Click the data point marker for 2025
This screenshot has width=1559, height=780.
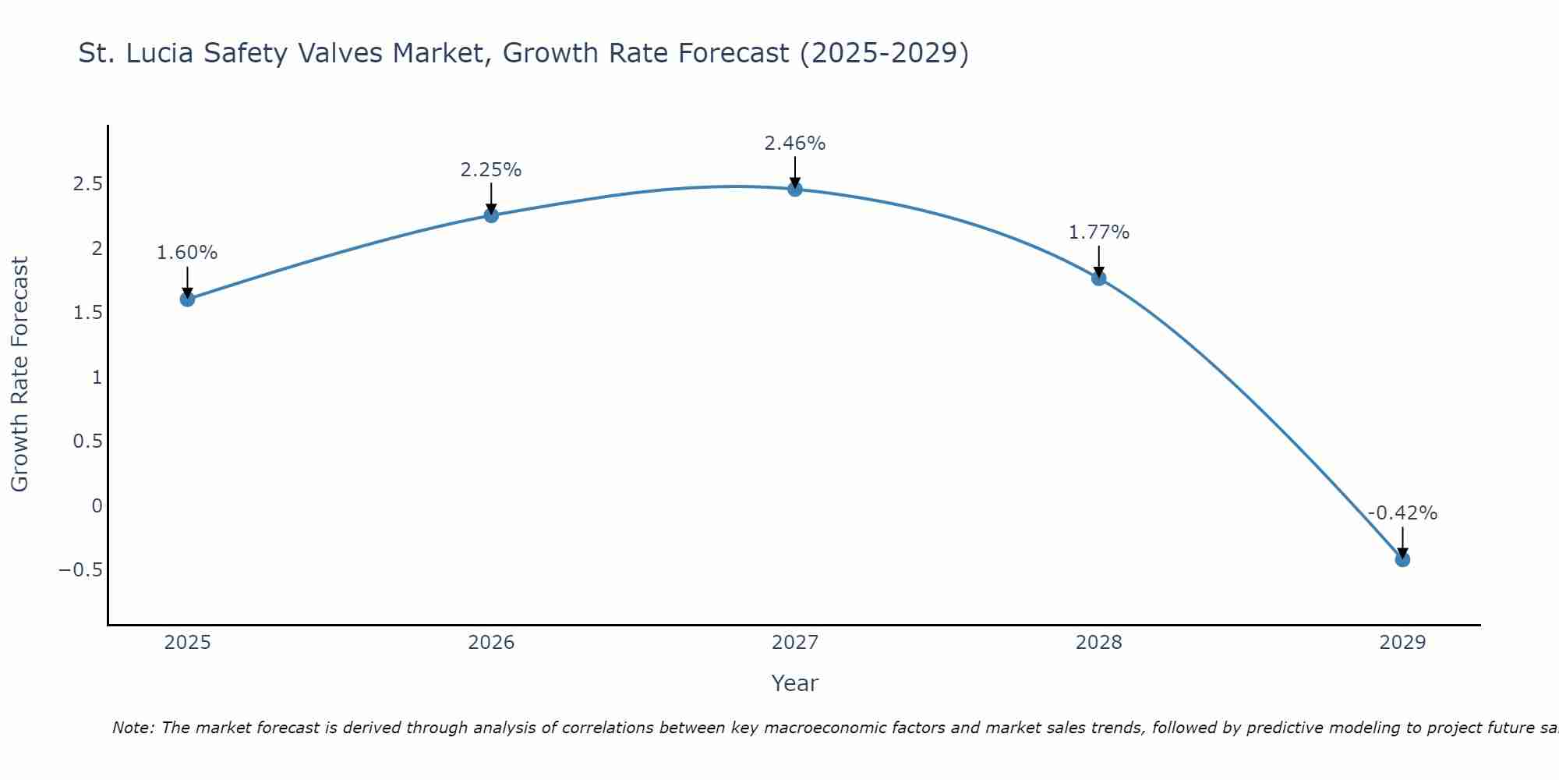click(x=187, y=299)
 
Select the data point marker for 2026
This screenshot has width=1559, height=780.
click(x=491, y=215)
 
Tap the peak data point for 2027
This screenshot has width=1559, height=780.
click(x=794, y=189)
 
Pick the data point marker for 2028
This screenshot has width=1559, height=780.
click(x=1098, y=278)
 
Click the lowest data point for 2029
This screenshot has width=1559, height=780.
click(x=1402, y=559)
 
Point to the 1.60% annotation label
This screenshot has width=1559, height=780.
click(x=187, y=253)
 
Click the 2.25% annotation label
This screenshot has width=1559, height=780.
click(x=491, y=170)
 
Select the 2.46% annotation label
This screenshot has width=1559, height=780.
click(x=794, y=144)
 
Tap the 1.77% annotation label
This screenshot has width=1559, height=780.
click(x=1098, y=232)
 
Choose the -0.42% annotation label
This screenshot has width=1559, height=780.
click(x=1402, y=513)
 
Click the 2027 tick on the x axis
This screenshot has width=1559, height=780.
click(x=794, y=643)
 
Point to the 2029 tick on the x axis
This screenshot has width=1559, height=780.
click(x=1402, y=643)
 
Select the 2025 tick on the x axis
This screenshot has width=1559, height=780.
click(x=187, y=643)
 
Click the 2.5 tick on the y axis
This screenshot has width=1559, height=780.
click(x=87, y=184)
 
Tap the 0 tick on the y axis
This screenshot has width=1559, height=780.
click(x=97, y=505)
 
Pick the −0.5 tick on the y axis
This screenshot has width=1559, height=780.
click(x=80, y=570)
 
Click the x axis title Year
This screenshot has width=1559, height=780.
click(x=794, y=683)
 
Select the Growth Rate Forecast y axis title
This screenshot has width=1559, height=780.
click(x=19, y=374)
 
